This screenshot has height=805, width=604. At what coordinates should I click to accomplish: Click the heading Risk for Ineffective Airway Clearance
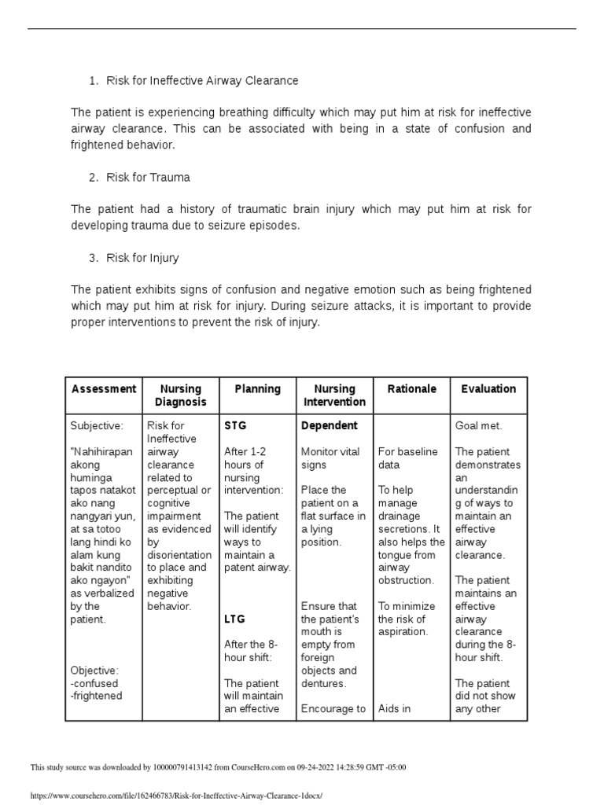tap(202, 81)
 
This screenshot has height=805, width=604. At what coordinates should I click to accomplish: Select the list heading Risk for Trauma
tap(148, 177)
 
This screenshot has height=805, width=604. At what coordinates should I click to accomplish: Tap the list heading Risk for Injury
tap(143, 258)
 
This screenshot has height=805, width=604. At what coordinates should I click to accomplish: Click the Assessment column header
tap(104, 389)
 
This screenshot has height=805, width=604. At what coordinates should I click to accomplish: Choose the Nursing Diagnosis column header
tap(181, 395)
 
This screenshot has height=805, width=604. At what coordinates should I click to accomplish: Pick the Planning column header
tap(258, 389)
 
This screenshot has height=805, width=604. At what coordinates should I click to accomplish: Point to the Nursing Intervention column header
tap(335, 395)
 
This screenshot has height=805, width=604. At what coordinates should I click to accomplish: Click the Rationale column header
tap(412, 389)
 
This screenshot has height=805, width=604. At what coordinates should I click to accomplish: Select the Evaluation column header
tap(488, 389)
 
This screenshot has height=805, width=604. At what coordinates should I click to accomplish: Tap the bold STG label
tap(235, 426)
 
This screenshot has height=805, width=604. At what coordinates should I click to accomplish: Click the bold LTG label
tap(235, 619)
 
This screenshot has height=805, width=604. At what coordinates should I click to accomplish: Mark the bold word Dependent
tap(329, 426)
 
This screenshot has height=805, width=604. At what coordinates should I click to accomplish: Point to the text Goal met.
tap(478, 426)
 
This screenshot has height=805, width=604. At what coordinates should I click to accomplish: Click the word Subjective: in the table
tap(97, 426)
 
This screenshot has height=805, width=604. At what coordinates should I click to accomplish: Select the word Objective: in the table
tap(94, 671)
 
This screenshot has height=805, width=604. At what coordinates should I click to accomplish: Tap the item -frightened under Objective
tap(97, 697)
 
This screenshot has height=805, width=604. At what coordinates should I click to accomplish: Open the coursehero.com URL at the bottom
tap(176, 796)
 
